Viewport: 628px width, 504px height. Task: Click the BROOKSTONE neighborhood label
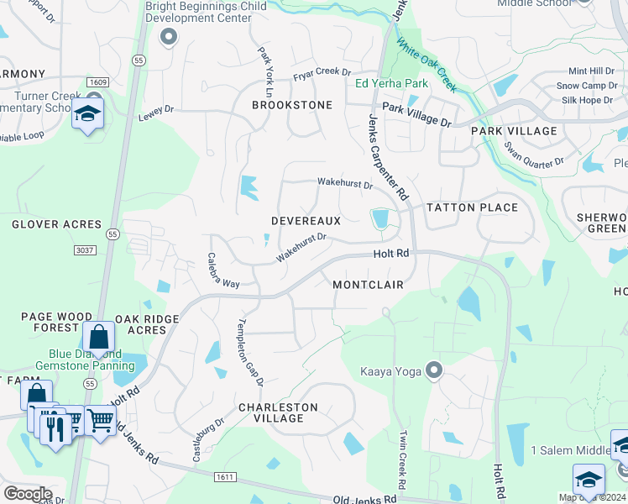tap(292, 105)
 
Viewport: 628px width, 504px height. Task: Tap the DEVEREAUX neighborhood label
tap(306, 221)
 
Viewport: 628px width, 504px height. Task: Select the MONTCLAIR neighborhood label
tap(368, 285)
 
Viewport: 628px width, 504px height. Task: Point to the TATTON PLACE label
tap(472, 207)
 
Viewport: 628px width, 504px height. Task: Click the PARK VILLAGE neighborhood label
tap(514, 131)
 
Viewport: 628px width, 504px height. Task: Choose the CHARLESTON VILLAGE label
tap(278, 412)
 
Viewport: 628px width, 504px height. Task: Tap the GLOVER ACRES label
tap(56, 224)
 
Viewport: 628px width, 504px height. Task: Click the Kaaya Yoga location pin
tap(434, 370)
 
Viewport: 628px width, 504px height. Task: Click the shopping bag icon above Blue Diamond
tap(98, 338)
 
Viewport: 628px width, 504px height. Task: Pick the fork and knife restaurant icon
tap(56, 428)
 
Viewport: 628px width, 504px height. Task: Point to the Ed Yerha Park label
tap(391, 83)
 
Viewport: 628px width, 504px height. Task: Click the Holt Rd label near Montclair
tap(391, 253)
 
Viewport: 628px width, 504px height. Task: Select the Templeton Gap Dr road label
tap(250, 352)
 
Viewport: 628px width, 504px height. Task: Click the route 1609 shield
tap(97, 81)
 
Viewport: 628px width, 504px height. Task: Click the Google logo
tap(28, 494)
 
